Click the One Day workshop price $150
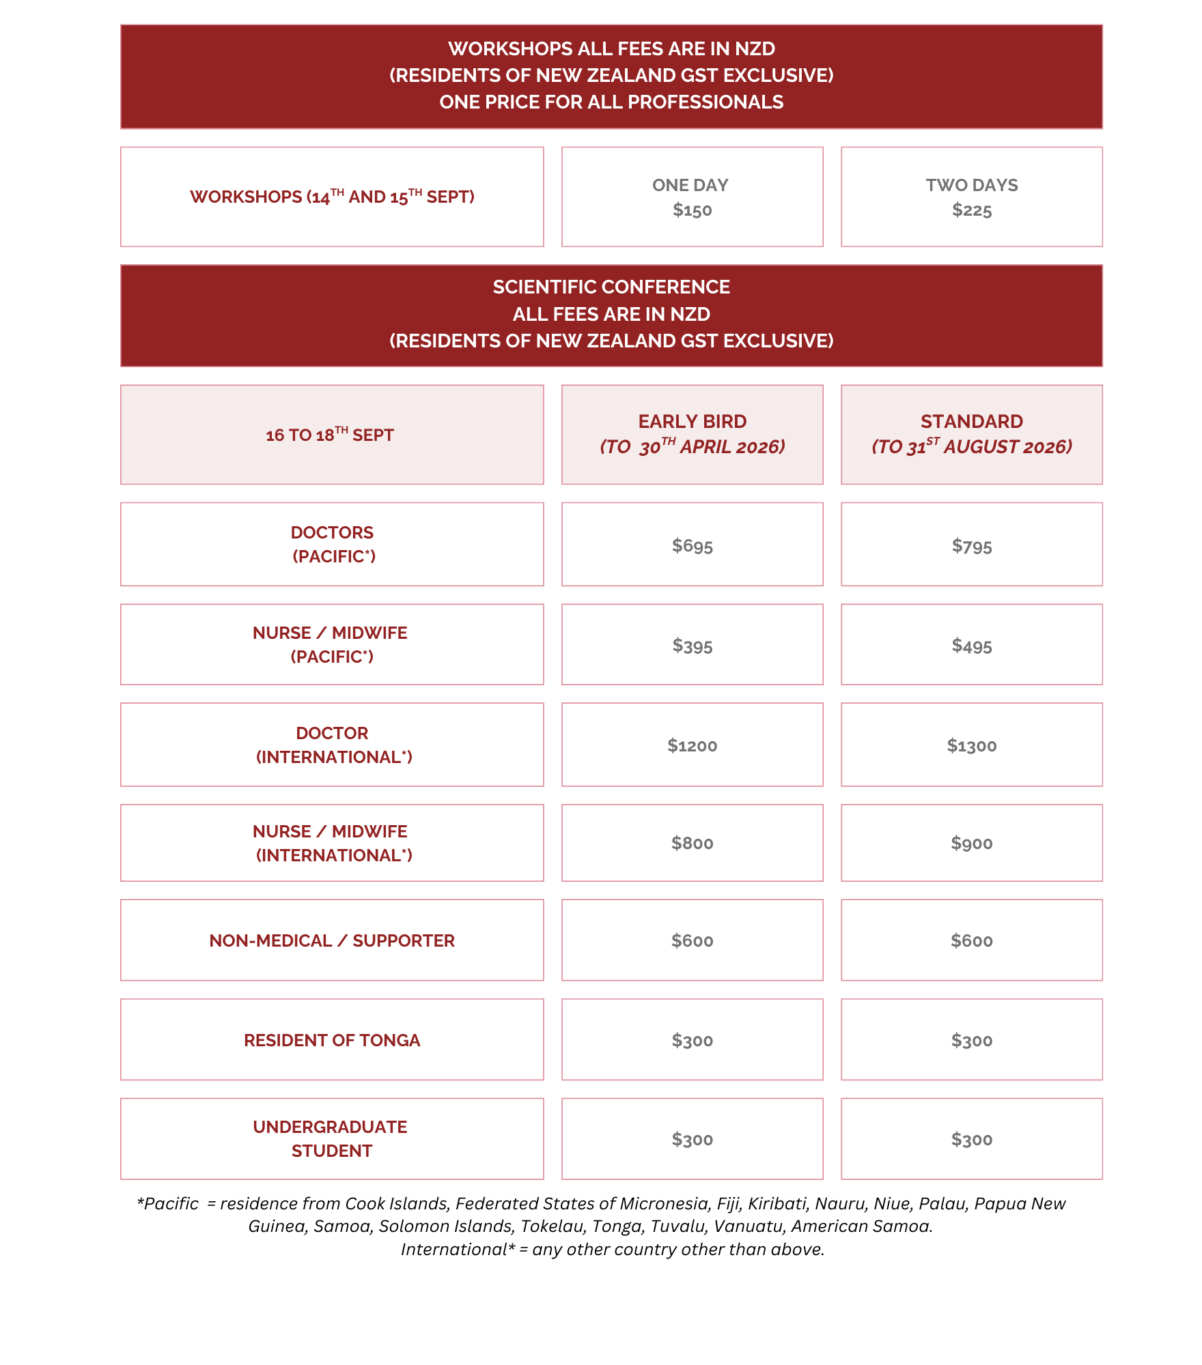click(692, 210)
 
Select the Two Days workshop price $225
click(971, 210)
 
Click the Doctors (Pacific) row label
click(332, 544)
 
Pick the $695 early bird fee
click(692, 545)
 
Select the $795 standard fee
click(971, 546)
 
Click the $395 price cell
click(692, 646)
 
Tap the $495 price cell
click(971, 646)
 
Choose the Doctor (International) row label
click(333, 745)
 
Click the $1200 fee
click(692, 745)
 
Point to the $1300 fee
click(971, 745)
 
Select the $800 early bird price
click(692, 843)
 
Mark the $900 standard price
click(971, 843)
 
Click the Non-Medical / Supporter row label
click(332, 940)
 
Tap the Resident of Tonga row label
click(332, 1040)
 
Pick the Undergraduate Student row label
click(331, 1138)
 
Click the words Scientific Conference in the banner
click(611, 287)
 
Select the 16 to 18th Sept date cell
click(330, 435)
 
